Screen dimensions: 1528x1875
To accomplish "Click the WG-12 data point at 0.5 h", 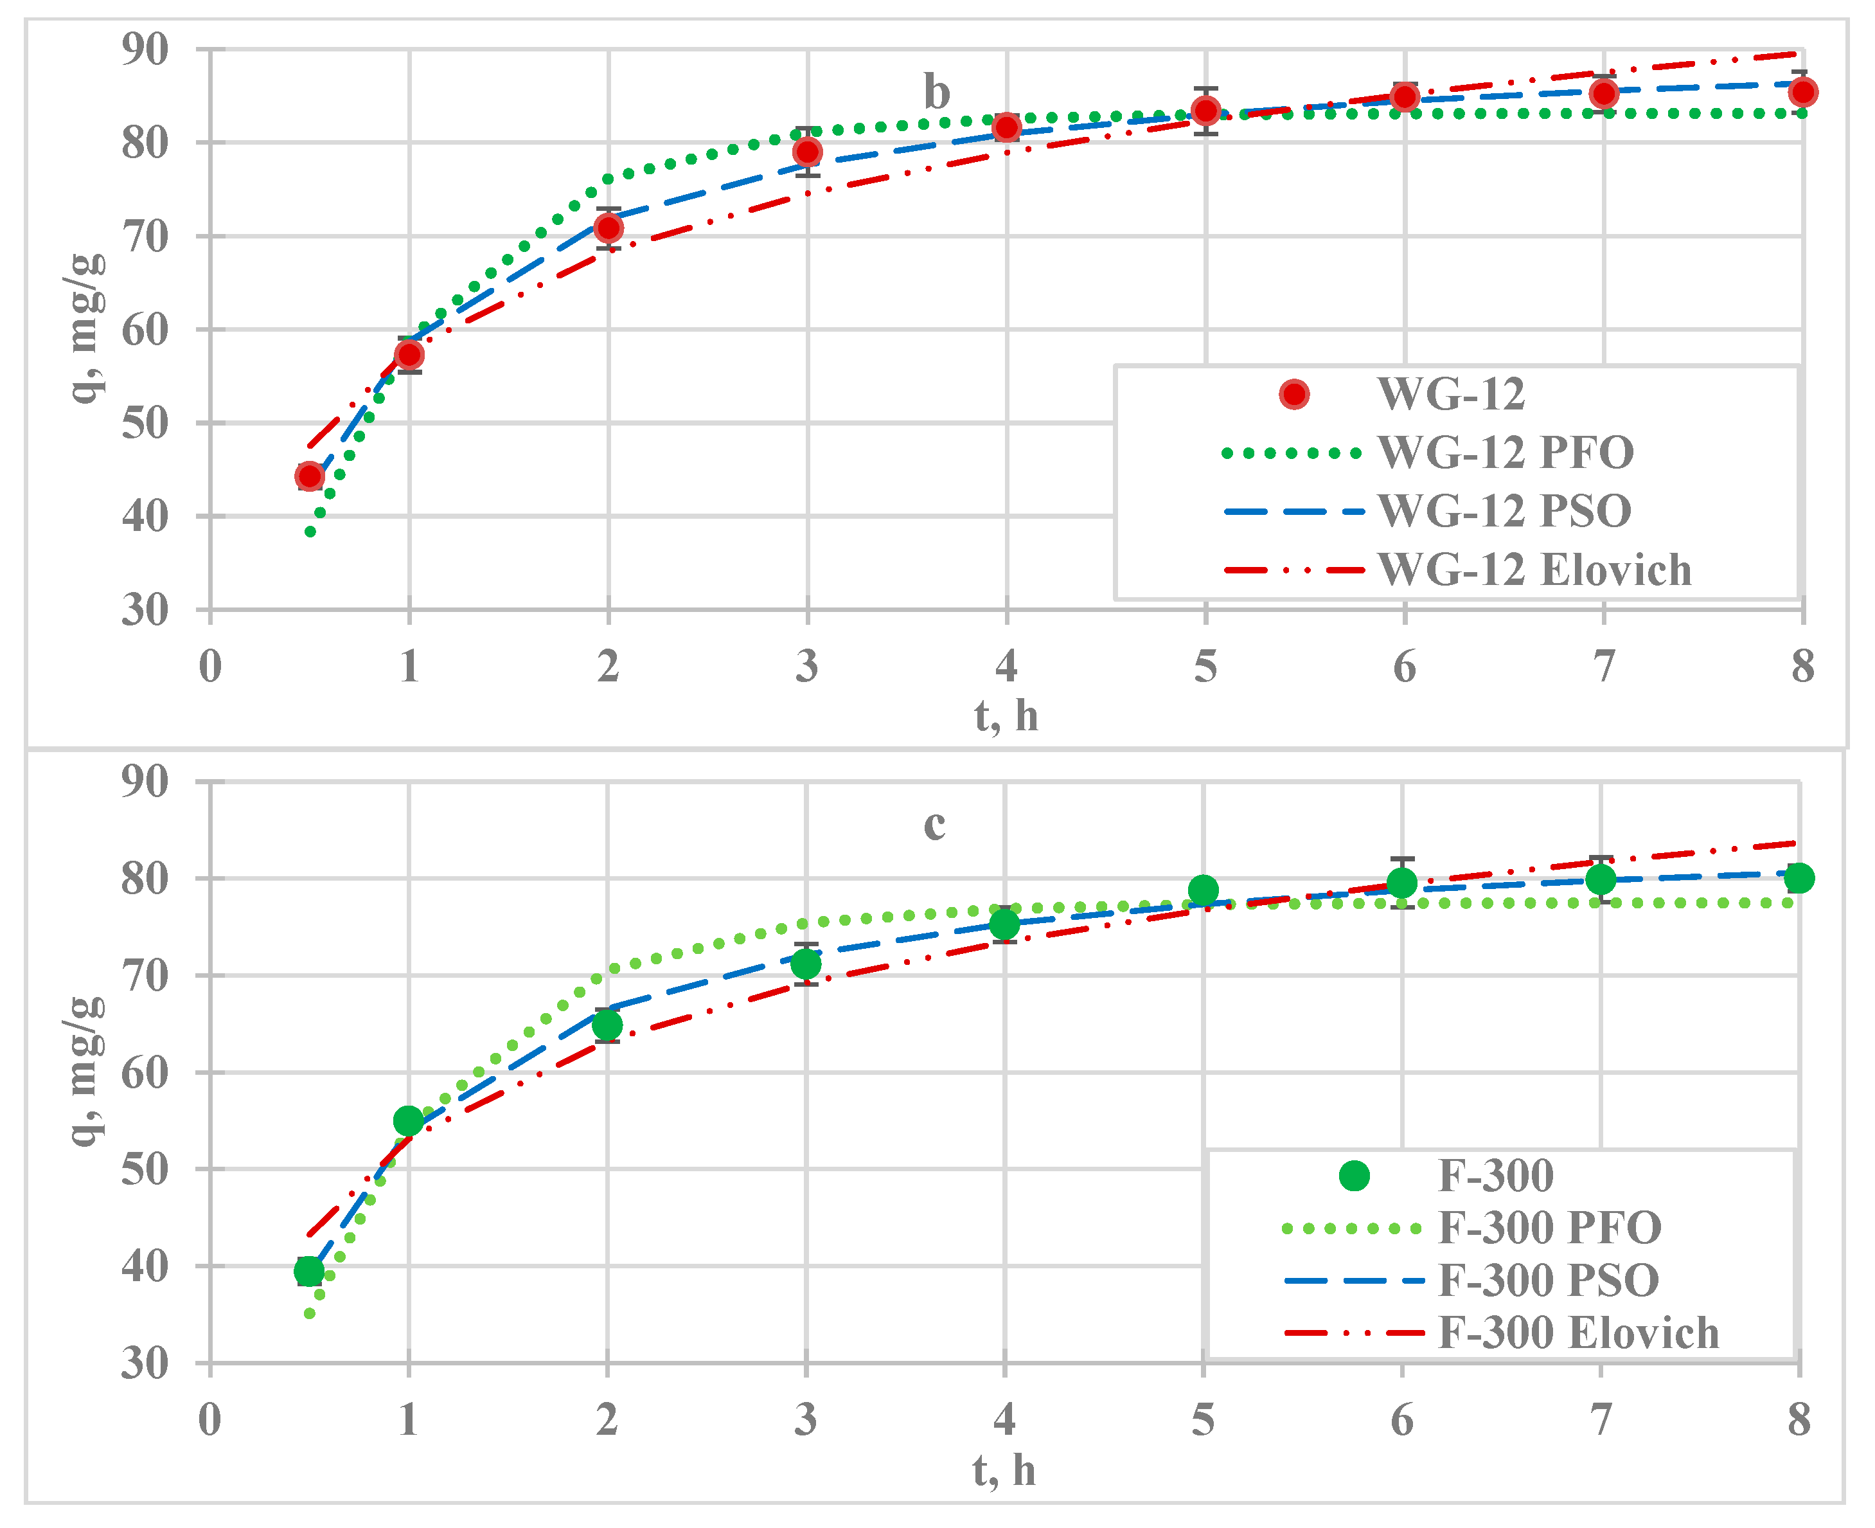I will coord(310,476).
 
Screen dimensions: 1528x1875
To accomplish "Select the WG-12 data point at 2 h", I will coord(608,228).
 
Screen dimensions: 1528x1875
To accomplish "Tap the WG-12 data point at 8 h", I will coord(1803,91).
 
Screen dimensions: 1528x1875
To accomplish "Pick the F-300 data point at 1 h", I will coord(408,1120).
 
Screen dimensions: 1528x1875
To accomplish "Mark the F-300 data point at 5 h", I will coord(1203,890).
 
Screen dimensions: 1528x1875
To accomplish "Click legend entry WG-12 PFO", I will coord(1505,453).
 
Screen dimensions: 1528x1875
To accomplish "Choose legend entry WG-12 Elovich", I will coord(1534,570).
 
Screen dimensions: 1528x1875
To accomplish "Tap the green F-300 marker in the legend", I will coord(1354,1176).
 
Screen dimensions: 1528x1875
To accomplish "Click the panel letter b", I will coord(936,93).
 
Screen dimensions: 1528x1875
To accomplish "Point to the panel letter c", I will coord(934,824).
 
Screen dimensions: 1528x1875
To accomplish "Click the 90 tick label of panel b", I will coord(145,49).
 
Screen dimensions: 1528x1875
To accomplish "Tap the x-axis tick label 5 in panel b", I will coord(1205,667).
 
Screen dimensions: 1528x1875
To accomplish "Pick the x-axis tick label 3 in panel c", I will coord(805,1420).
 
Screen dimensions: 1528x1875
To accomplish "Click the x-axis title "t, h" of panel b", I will coord(1006,715).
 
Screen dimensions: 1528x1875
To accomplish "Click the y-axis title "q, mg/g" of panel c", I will coord(86,1071).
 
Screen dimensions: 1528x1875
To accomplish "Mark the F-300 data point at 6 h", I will coord(1401,882).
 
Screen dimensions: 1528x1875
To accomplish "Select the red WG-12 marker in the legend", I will coord(1294,393).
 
